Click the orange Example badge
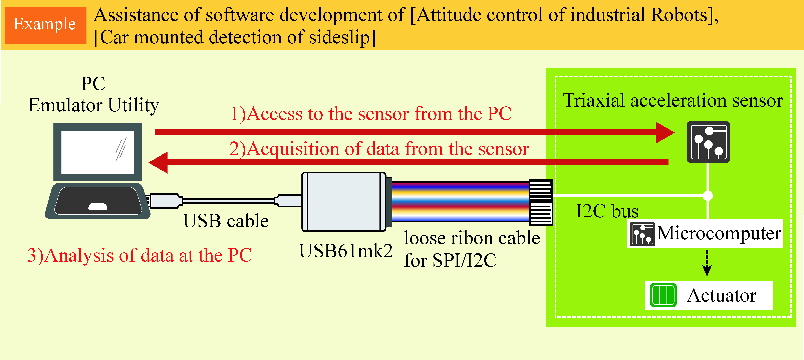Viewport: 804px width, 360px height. [x=45, y=25]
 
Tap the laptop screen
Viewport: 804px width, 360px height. [x=97, y=152]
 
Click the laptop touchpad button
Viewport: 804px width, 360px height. [x=98, y=207]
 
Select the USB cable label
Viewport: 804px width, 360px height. [x=226, y=221]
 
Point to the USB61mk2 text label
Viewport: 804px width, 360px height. [x=345, y=251]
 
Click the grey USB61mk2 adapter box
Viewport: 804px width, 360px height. [x=344, y=202]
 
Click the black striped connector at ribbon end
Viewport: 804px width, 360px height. [x=541, y=202]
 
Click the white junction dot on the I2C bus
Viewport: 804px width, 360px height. [x=708, y=196]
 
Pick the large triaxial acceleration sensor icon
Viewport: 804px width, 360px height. [x=708, y=142]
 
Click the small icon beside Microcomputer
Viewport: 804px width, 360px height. [x=642, y=234]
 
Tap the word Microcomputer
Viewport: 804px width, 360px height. [x=719, y=233]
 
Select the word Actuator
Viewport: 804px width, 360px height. [x=721, y=295]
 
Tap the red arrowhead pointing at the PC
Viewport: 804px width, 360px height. [x=159, y=162]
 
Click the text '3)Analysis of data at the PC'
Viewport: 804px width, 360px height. [x=140, y=255]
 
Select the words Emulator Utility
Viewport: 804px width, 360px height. [x=94, y=105]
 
